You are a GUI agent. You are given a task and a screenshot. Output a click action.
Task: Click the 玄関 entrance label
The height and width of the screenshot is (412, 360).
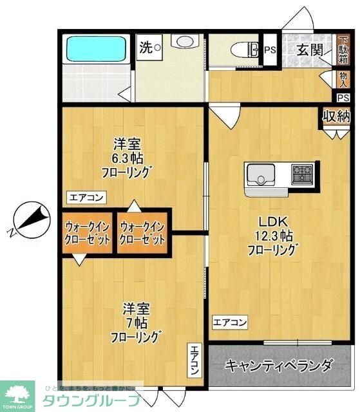[309, 50]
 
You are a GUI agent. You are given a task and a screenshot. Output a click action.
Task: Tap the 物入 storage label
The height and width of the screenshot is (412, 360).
[343, 79]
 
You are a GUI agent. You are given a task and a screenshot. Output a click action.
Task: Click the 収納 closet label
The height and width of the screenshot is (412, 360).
[336, 117]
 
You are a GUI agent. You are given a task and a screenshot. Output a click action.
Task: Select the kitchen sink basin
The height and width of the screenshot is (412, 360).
[260, 174]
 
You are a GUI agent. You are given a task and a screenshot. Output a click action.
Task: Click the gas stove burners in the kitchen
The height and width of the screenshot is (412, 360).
[302, 174]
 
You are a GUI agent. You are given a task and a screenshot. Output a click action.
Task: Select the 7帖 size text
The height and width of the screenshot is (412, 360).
[135, 323]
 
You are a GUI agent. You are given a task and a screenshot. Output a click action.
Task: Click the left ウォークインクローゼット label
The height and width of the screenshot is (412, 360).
[88, 232]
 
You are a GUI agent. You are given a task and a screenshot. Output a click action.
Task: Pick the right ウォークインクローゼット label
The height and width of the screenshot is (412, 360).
[142, 232]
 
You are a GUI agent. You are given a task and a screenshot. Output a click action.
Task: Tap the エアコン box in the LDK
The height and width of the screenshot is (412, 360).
[230, 322]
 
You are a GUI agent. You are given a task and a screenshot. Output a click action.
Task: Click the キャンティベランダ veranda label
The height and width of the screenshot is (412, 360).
[278, 366]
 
